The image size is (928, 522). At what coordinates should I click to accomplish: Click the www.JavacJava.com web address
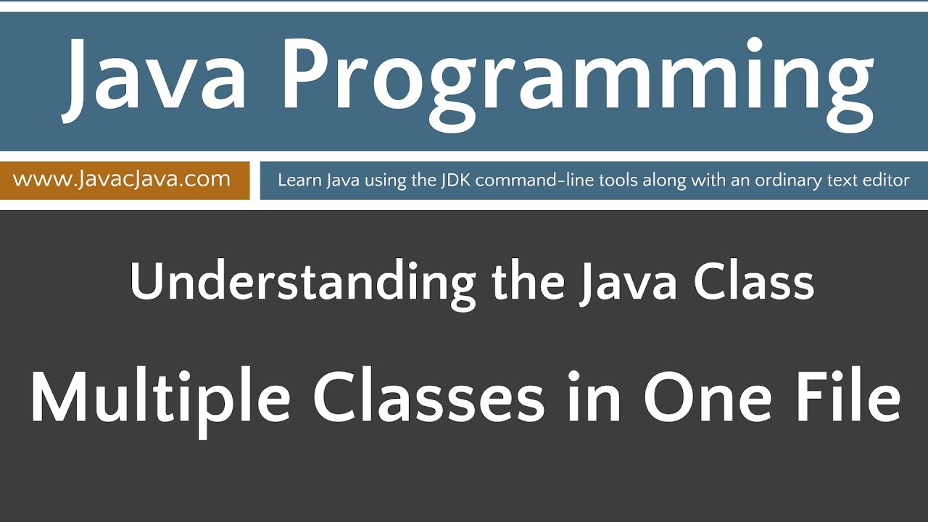tap(122, 179)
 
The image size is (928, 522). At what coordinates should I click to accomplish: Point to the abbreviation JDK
tap(455, 180)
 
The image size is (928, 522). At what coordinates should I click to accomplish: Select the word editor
tap(886, 180)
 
